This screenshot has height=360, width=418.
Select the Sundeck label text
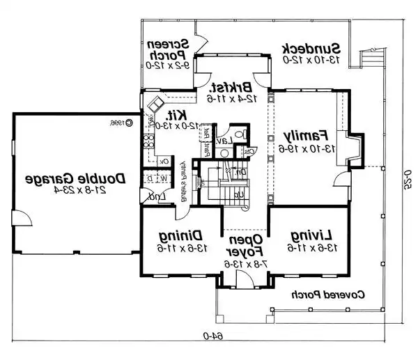[311, 49]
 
